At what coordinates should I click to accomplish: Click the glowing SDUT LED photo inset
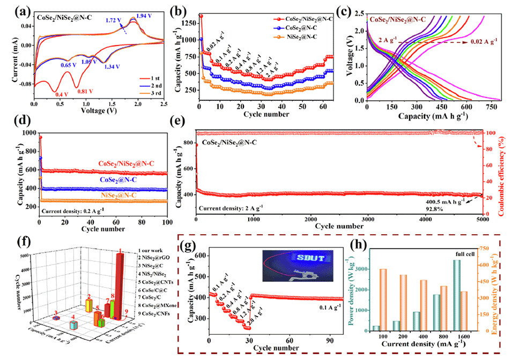pos(293,261)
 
